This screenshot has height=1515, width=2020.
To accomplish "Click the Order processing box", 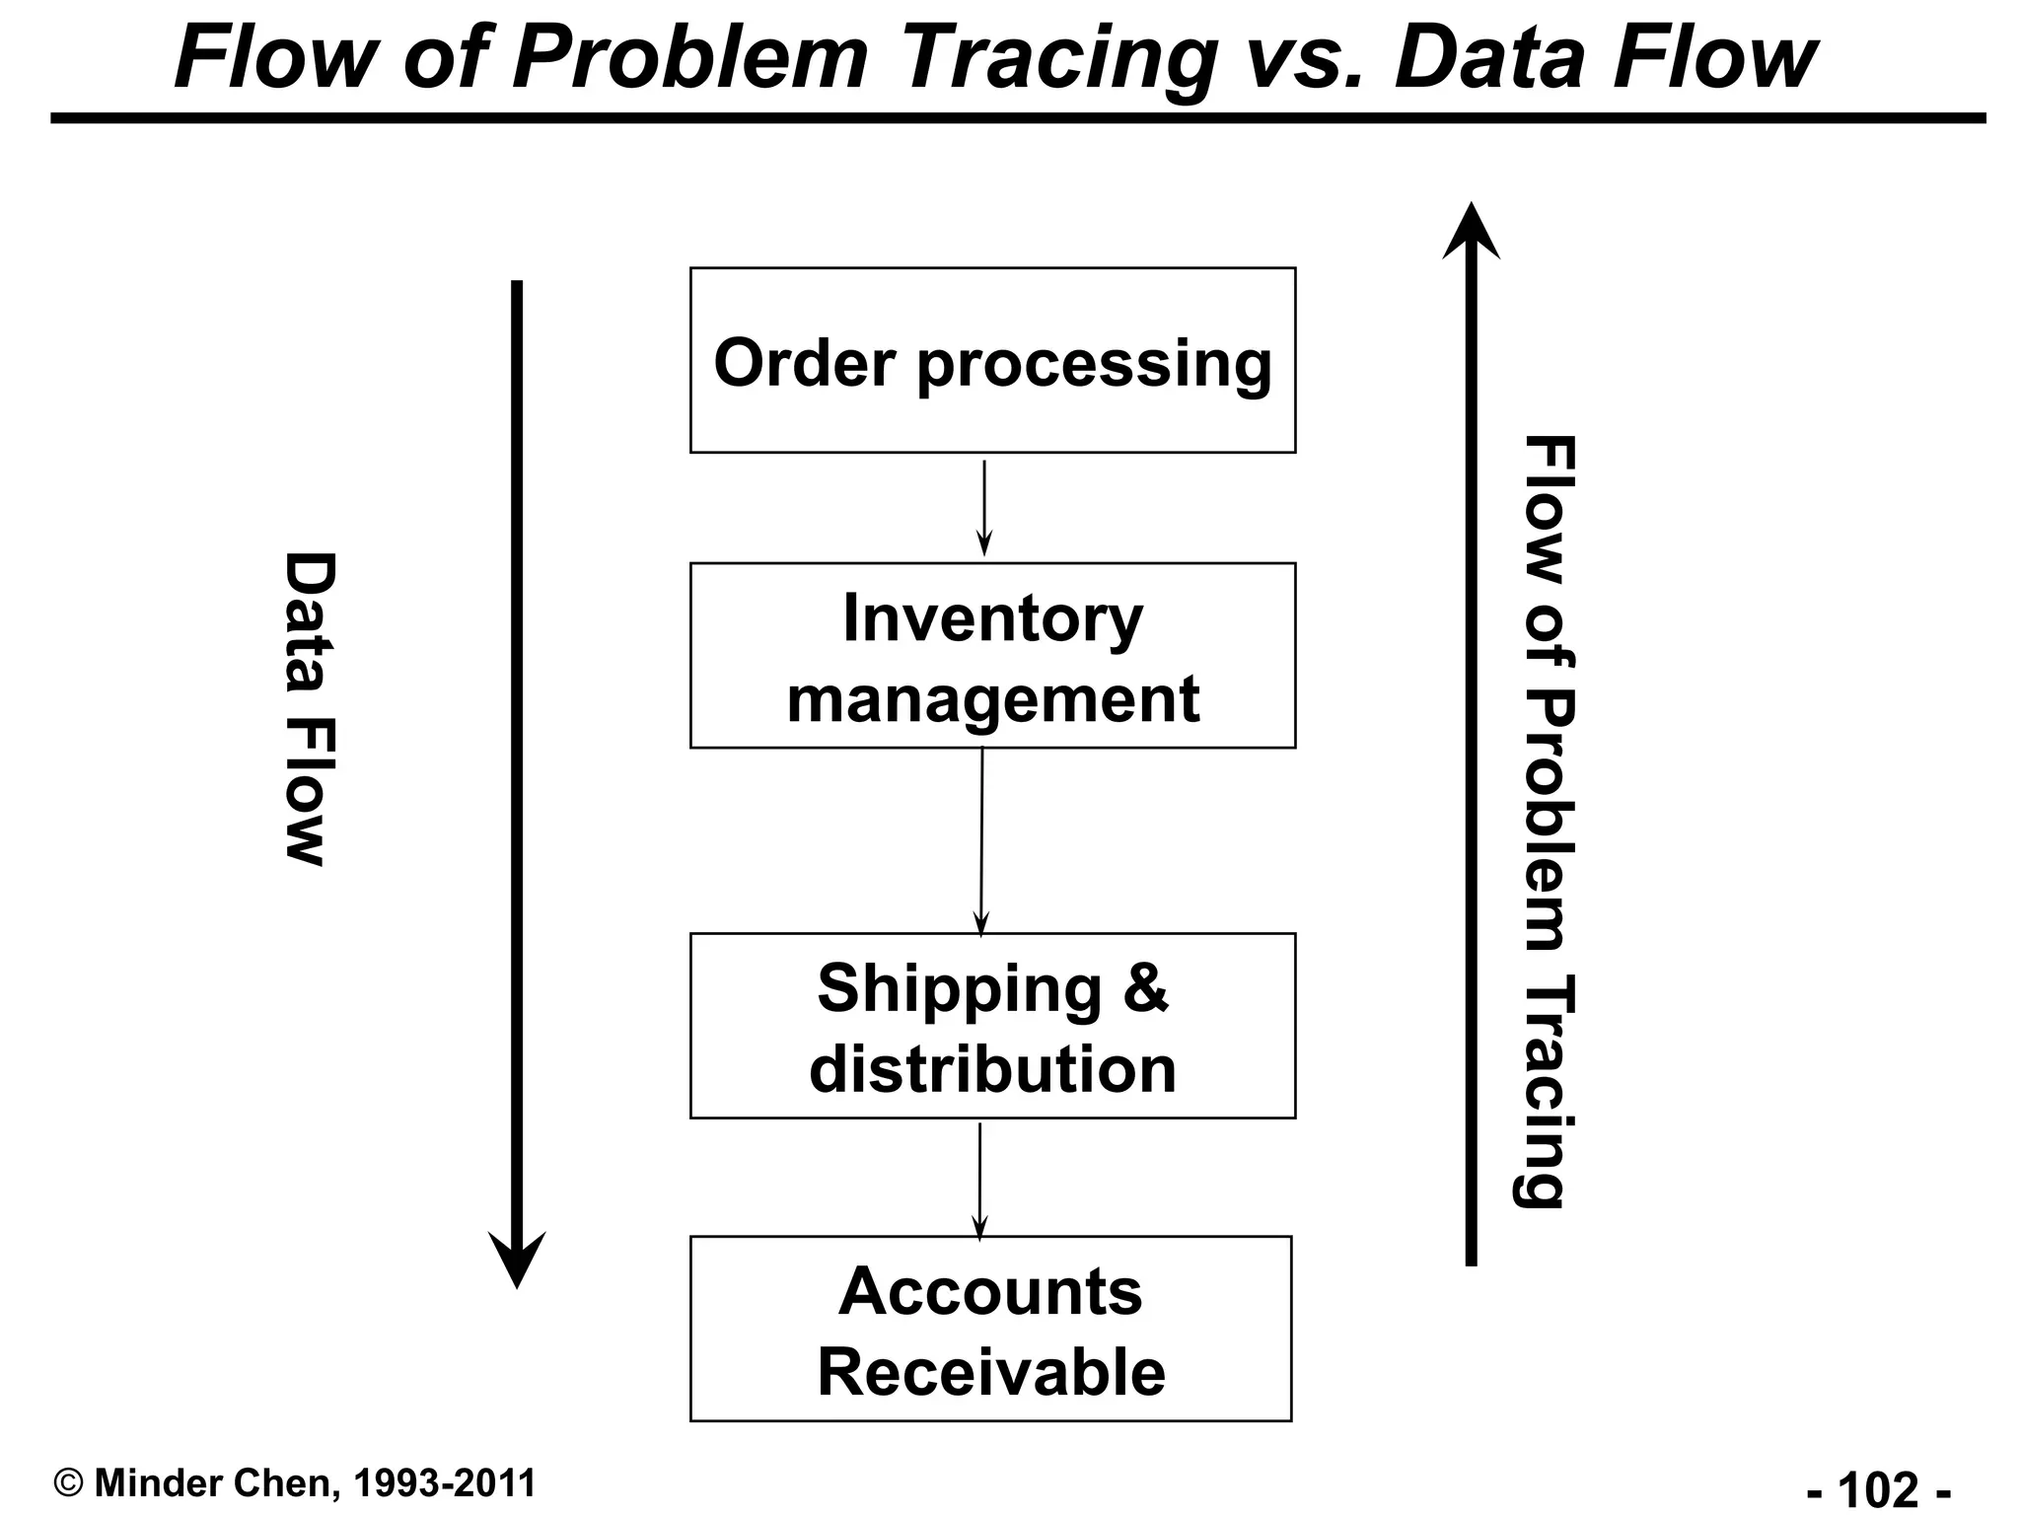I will tap(992, 360).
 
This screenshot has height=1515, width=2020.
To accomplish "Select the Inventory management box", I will tap(992, 656).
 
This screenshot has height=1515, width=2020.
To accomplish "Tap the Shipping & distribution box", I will tap(992, 1026).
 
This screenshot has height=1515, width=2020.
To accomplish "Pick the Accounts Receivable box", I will tap(990, 1329).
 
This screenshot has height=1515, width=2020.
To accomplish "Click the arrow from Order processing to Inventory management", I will tap(984, 508).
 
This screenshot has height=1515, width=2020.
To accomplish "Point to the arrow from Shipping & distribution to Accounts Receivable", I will tap(979, 1179).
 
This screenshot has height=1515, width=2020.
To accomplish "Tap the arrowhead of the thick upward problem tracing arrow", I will tap(1471, 232).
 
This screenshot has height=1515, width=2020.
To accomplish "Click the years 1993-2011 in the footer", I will tap(444, 1483).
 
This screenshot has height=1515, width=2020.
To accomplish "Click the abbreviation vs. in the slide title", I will tap(1306, 59).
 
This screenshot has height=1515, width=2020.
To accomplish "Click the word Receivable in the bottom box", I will tap(991, 1372).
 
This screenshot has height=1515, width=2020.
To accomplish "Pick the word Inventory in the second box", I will tap(992, 618).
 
